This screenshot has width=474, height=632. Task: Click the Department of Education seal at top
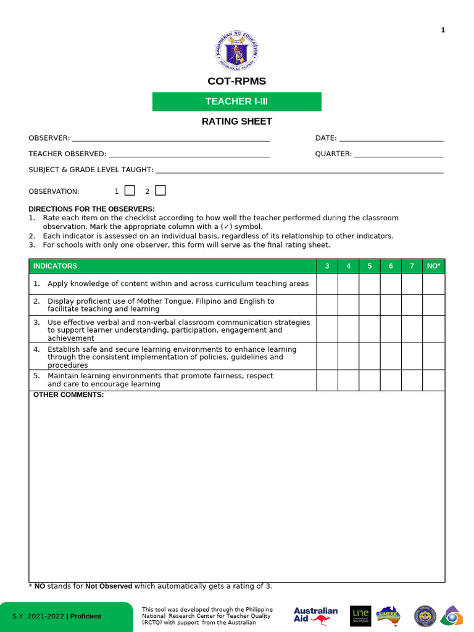(236, 51)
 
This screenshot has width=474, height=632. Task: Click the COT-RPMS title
(236, 81)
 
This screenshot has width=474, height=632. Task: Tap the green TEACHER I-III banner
(236, 101)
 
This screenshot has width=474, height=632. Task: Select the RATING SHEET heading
(236, 122)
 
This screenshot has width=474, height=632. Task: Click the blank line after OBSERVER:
(170, 138)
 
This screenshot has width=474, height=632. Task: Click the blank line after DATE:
(391, 138)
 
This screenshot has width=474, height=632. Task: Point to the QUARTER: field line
(398, 154)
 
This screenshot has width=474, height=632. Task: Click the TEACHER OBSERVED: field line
(189, 154)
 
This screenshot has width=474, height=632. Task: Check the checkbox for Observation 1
(130, 191)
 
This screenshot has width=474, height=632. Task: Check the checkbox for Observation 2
(160, 191)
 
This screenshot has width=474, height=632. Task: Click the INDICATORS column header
(56, 266)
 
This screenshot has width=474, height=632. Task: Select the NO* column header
(433, 266)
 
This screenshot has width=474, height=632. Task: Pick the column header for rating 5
(370, 266)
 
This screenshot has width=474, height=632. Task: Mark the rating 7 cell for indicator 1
(412, 284)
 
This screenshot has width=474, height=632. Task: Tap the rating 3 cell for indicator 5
(327, 380)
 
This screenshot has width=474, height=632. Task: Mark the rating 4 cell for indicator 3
(348, 330)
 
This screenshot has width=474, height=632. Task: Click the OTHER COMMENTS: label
(69, 395)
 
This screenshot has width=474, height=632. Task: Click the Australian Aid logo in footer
(315, 616)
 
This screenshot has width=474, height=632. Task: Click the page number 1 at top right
(443, 30)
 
